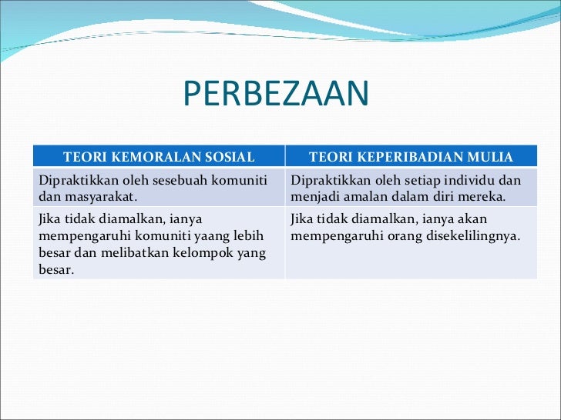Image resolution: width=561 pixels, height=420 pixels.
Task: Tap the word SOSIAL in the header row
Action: [230, 158]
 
